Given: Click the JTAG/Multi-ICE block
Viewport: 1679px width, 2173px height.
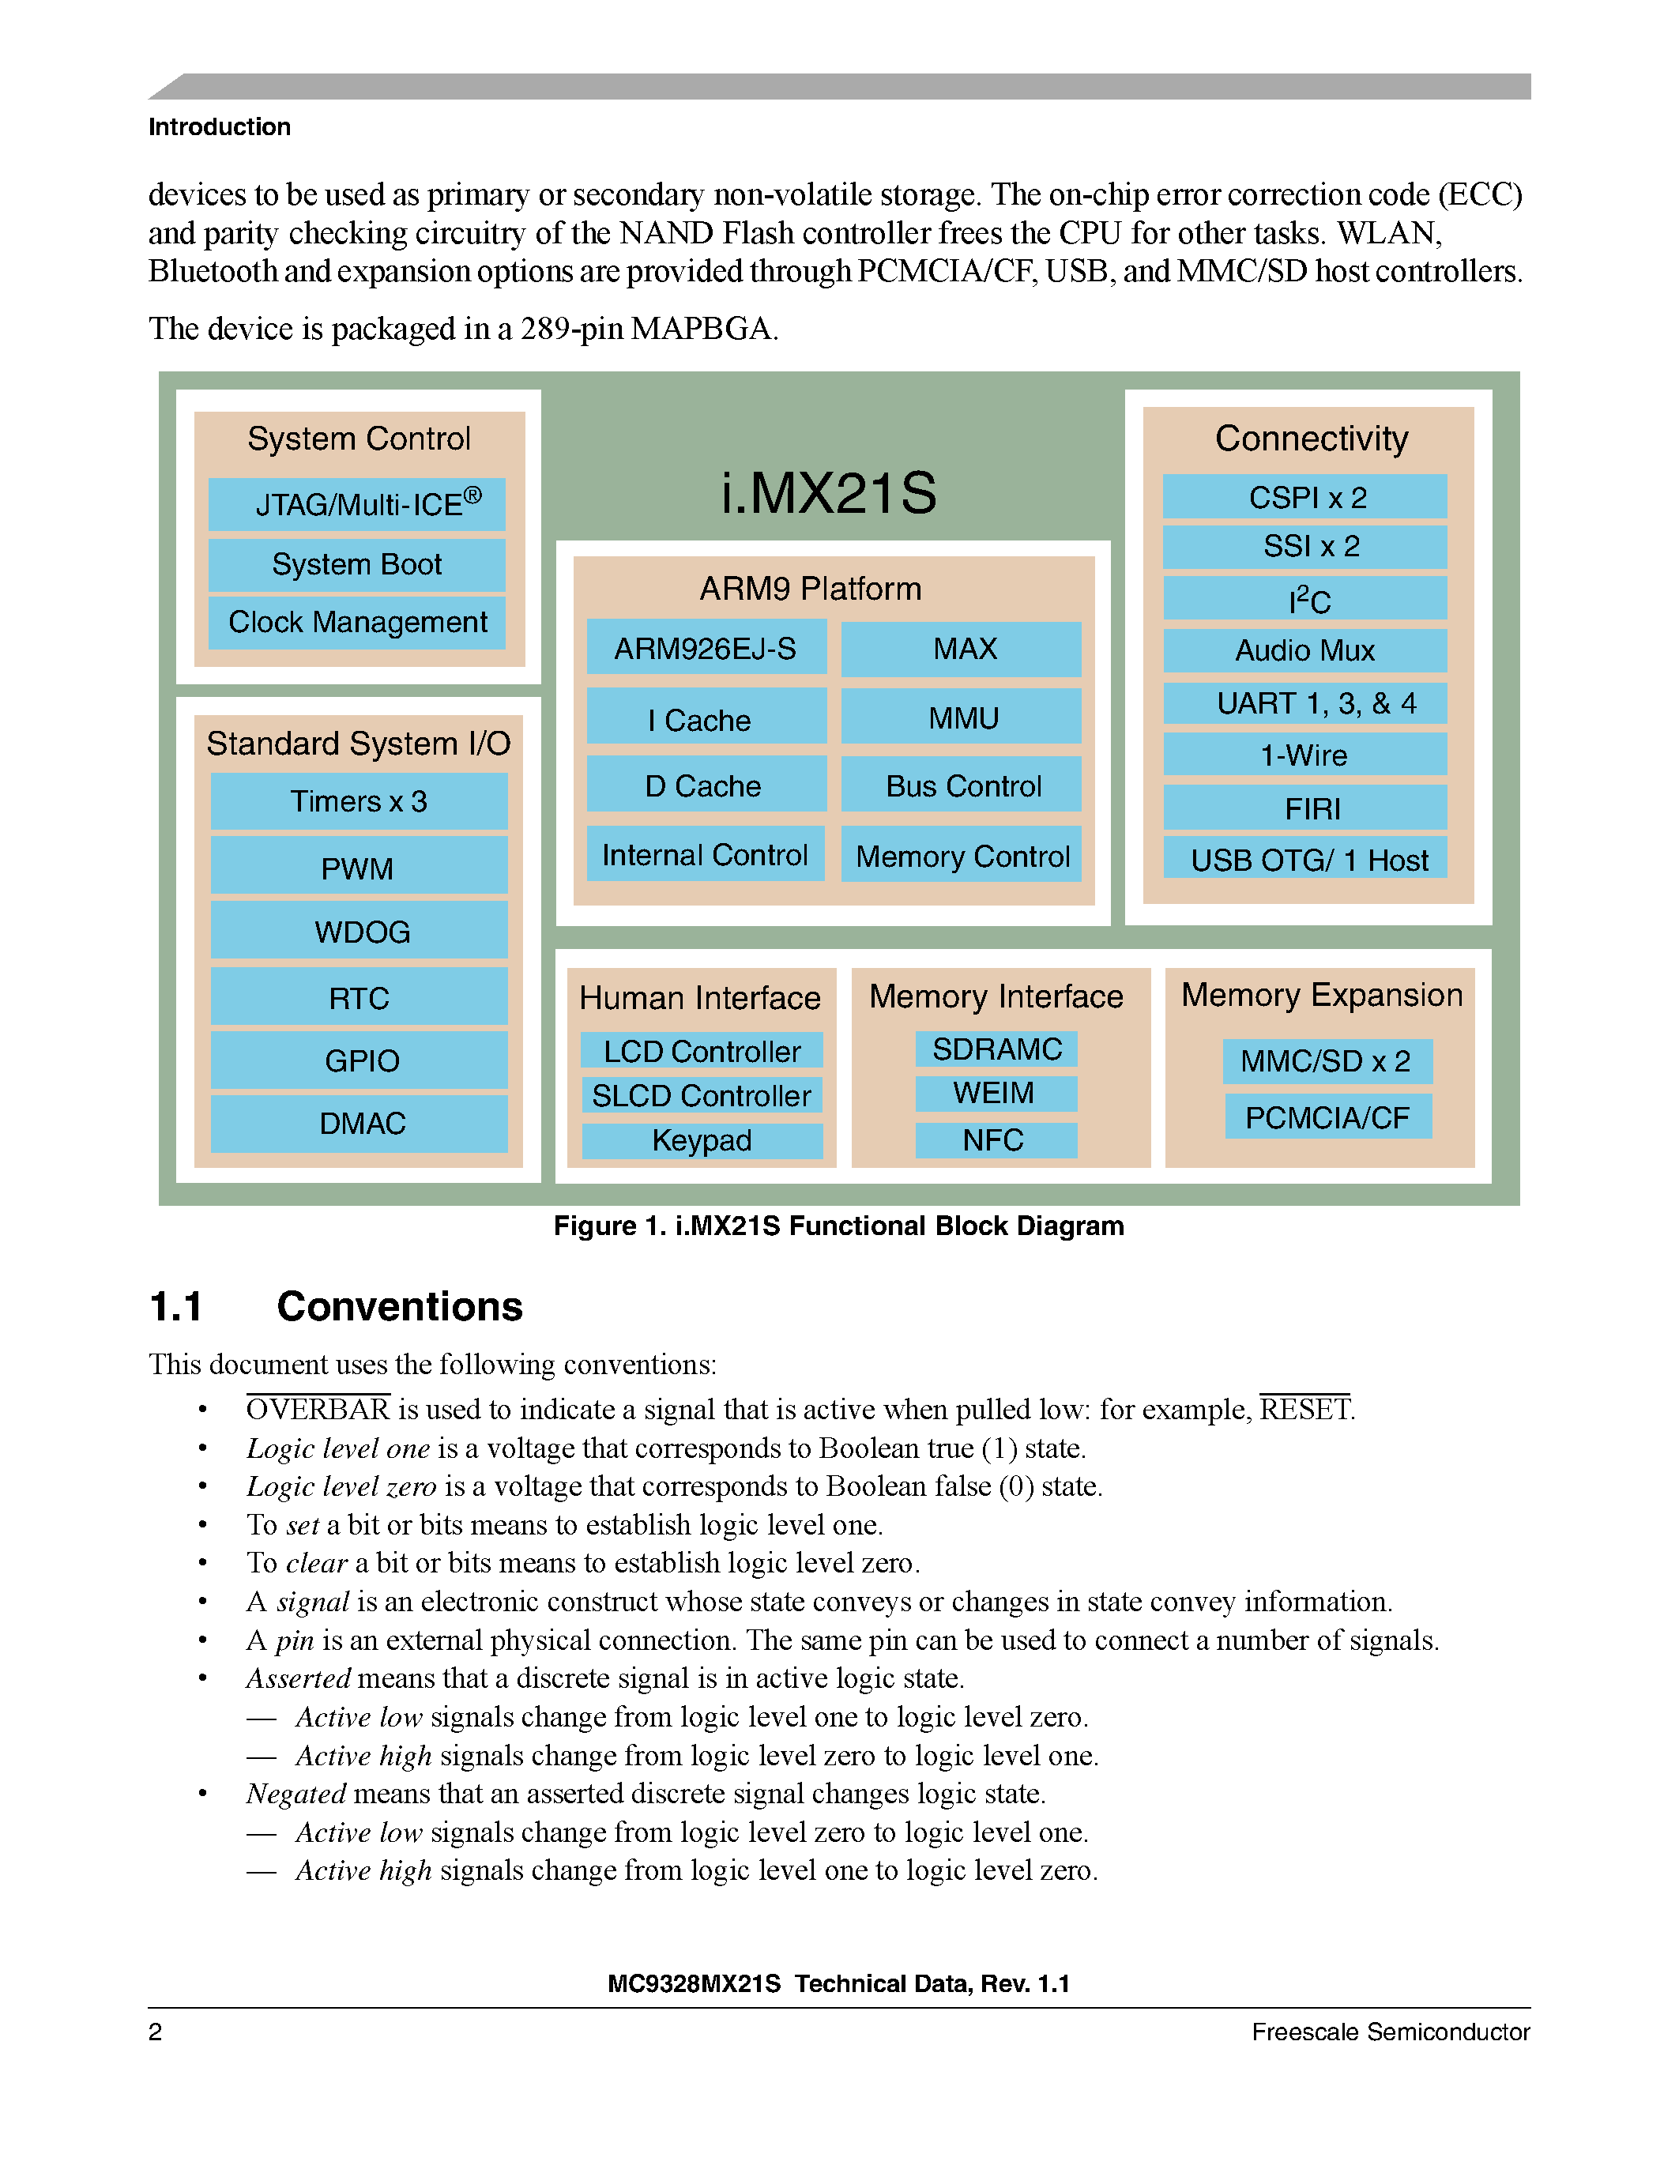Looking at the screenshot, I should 356,504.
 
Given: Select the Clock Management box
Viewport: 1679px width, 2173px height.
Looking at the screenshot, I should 356,623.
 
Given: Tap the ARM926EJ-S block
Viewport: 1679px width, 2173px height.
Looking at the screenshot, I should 706,649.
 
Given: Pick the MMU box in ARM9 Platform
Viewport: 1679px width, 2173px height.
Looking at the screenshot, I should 961,717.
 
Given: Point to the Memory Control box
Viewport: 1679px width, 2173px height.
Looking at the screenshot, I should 961,856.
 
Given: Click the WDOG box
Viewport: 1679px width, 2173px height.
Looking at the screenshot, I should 359,932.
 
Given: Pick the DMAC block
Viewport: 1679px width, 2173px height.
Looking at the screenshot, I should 359,1124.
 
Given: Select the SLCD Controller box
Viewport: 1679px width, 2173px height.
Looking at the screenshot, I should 702,1095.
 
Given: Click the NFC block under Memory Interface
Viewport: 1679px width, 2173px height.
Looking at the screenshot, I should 995,1140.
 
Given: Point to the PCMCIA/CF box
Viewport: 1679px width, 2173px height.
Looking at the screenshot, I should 1327,1117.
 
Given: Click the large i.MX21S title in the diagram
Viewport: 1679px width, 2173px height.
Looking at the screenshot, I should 829,492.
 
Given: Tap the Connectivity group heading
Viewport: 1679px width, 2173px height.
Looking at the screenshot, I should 1311,439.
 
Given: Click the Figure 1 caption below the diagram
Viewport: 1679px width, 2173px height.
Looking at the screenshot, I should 838,1226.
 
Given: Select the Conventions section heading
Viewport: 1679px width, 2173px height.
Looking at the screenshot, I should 399,1306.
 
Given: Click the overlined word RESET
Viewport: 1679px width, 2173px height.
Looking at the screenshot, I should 1304,1410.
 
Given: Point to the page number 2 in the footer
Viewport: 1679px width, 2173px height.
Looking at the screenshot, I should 155,2032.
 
